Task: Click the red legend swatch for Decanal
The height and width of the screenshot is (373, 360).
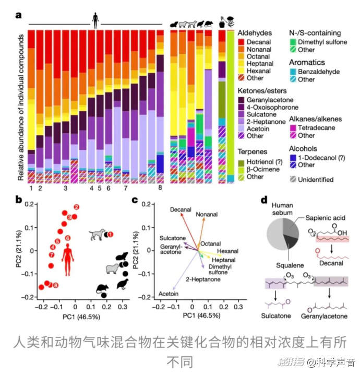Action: tap(241, 41)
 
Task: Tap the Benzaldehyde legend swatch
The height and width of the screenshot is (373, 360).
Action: tap(293, 72)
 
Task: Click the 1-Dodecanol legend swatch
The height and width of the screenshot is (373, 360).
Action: tap(293, 157)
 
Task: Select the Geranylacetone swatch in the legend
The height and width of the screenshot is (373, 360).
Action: tap(241, 99)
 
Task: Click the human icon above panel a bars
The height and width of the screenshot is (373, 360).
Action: tap(95, 21)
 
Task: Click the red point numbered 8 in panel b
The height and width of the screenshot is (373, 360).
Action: tap(55, 285)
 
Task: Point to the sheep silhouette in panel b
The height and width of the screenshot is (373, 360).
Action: tap(112, 270)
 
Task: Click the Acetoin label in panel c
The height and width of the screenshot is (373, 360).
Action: tap(169, 294)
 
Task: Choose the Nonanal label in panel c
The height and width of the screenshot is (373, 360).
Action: tap(207, 215)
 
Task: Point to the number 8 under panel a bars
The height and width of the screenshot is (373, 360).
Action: tap(161, 188)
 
